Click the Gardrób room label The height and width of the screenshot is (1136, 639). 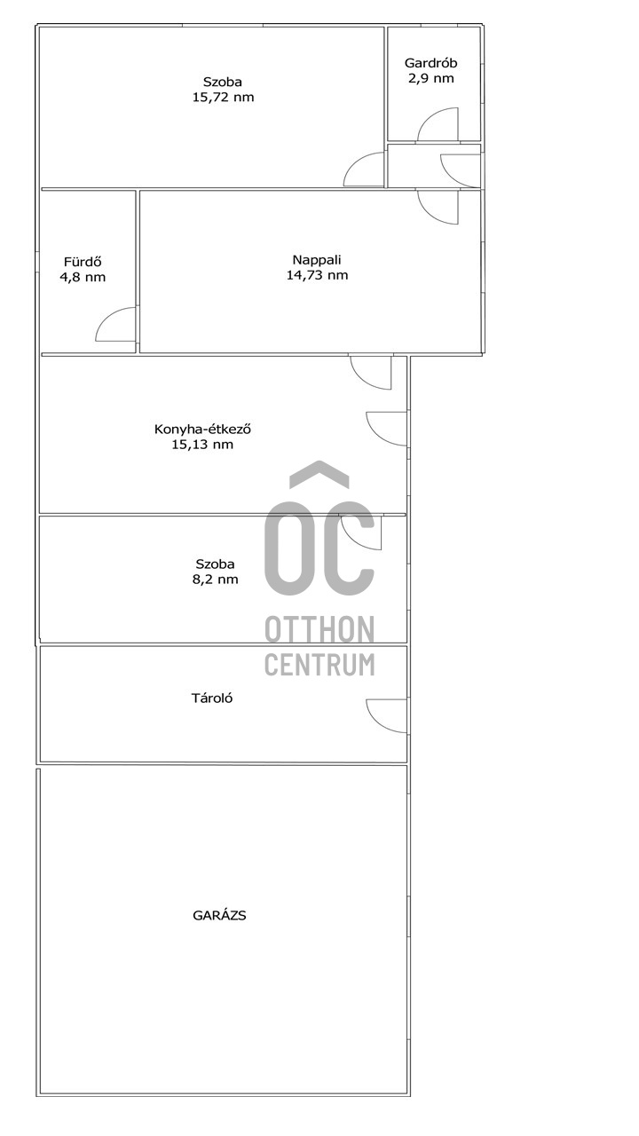click(x=430, y=63)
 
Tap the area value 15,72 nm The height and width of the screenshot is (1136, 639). click(x=223, y=98)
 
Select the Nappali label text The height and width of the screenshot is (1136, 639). click(x=317, y=261)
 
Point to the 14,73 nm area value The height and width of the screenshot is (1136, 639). click(x=318, y=275)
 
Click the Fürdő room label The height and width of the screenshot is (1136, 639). click(x=83, y=262)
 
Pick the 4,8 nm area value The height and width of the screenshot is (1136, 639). click(x=83, y=277)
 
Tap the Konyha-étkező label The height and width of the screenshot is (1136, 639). click(x=203, y=429)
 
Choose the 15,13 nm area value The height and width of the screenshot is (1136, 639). click(x=203, y=445)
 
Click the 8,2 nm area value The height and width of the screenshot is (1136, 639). click(x=215, y=580)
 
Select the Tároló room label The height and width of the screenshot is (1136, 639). click(x=212, y=698)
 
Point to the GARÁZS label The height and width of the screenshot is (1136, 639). click(x=219, y=915)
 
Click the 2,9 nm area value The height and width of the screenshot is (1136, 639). click(x=431, y=79)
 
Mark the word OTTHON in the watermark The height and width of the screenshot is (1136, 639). click(x=319, y=629)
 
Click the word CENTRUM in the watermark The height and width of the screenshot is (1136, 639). click(x=319, y=665)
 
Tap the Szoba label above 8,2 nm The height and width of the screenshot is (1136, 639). click(x=215, y=564)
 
